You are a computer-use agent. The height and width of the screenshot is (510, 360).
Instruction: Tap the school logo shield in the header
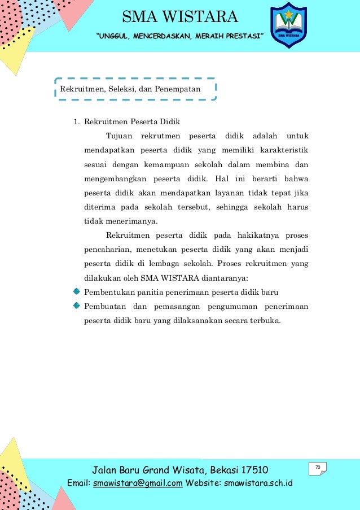(289, 25)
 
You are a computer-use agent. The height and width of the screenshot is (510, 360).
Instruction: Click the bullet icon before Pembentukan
(77, 291)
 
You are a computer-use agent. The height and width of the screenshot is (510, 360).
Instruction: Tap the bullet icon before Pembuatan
(77, 306)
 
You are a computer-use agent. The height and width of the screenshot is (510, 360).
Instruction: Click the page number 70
(318, 467)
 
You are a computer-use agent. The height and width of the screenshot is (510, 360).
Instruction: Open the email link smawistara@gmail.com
(138, 483)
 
